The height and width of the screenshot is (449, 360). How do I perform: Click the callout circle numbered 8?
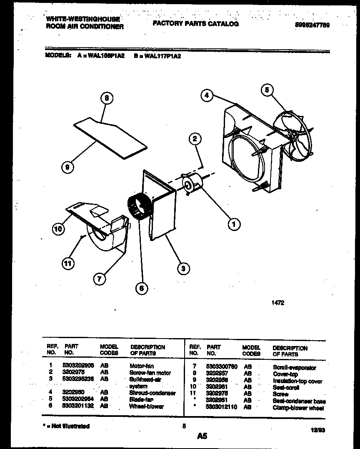(107, 99)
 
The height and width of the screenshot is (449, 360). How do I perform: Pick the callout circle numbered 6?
(142, 288)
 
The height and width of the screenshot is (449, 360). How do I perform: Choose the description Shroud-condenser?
(152, 393)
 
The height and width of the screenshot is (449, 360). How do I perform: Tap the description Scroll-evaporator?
(294, 367)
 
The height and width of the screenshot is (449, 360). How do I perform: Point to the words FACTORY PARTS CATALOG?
(195, 24)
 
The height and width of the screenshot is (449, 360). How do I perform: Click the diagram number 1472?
(278, 303)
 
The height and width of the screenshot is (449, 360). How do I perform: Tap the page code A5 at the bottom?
(202, 436)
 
